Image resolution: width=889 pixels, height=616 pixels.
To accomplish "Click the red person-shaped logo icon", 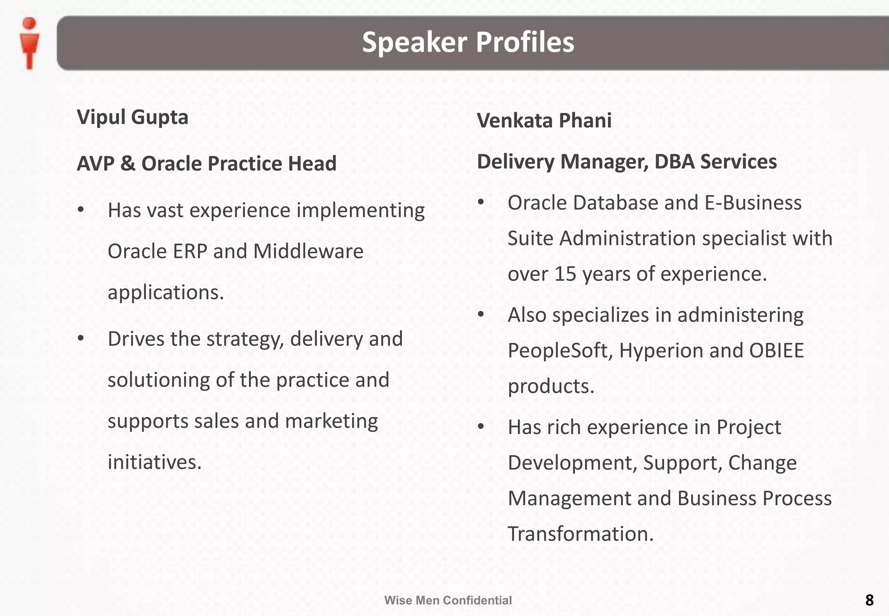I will point(30,43).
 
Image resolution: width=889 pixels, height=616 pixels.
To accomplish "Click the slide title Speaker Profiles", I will point(468,42).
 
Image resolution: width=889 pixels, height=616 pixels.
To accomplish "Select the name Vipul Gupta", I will point(132,117).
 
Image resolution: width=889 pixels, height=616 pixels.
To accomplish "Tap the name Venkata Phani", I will point(544,121).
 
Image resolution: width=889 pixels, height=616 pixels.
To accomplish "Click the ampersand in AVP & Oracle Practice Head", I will point(128,164).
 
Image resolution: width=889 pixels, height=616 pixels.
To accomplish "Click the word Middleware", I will point(308,252).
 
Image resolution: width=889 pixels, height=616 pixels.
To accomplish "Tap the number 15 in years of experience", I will point(565,274).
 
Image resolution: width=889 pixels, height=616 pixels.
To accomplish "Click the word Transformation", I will point(580,534).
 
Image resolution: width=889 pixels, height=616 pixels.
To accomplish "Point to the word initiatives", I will point(154,462).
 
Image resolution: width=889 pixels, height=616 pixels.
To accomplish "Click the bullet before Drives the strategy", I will point(81,338).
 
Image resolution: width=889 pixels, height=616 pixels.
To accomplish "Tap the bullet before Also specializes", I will point(481,315).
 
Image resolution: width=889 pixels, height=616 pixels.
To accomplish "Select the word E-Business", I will point(753,203).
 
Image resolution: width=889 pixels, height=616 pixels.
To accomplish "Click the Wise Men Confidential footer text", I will point(448,600).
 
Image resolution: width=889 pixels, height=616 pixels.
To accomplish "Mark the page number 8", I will point(869,600).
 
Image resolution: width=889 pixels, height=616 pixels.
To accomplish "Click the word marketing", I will point(331,421).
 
